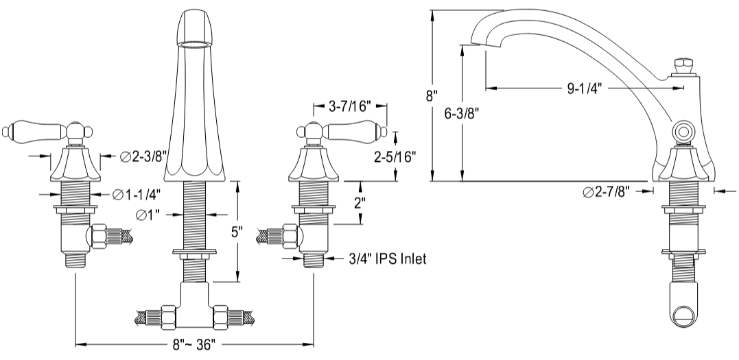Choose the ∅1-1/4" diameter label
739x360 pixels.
point(138,195)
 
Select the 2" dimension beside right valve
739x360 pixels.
point(359,204)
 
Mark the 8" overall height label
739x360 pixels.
point(432,96)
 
